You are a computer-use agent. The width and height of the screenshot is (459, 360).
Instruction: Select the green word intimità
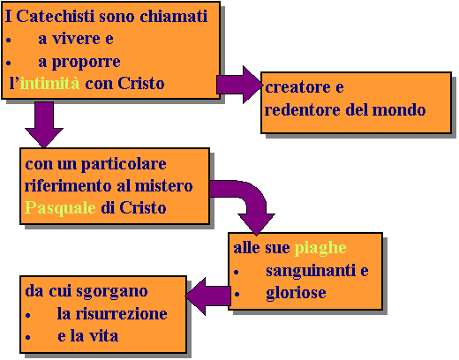pos(49,83)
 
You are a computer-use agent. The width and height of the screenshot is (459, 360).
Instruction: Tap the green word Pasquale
pos(60,208)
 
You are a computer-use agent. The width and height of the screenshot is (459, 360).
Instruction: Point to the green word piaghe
pos(320,249)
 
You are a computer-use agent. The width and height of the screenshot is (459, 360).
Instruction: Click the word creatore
pos(297,87)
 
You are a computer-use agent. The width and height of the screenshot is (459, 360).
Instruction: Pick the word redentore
pos(303,109)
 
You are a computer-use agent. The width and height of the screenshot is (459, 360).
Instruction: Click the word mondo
pos(399,109)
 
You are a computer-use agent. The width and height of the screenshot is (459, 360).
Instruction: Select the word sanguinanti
pos(311,271)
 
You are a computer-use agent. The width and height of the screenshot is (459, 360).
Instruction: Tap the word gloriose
pos(296,293)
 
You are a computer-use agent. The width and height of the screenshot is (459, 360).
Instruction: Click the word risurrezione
pos(122,313)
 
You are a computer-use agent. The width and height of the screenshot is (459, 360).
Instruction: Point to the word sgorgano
pos(112,291)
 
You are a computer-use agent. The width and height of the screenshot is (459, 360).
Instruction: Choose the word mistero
pos(163,186)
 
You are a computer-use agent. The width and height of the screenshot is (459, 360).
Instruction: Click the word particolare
pos(124,164)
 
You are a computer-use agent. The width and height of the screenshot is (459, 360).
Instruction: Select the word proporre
pos(87,62)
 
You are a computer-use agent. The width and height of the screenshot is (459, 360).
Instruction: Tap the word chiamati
pos(174,16)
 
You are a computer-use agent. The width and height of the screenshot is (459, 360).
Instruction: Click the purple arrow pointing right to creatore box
pos(240,85)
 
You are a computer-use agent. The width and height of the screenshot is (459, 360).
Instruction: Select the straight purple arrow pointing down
pos(44,124)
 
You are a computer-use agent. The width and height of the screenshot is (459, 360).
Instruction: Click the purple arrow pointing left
pos(208,296)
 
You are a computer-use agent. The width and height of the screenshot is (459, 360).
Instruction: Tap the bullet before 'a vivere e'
pos(9,40)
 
